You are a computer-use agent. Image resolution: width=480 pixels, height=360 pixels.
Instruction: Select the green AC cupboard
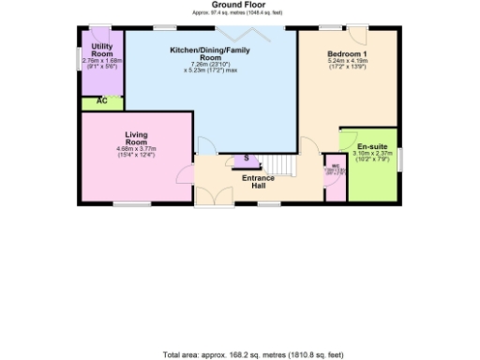pos(101,101)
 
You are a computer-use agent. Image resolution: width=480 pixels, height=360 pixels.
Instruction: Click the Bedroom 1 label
pos(349,54)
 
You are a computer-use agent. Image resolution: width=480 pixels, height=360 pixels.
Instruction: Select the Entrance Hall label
pos(258,181)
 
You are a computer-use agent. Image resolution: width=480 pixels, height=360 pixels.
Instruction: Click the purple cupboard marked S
pos(246,161)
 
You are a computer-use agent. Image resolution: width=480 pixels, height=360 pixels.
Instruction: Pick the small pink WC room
pos(335,178)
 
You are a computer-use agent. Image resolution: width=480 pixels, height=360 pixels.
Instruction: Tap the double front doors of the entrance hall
pos(221,195)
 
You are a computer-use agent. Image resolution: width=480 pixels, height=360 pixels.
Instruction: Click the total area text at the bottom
pos(239,354)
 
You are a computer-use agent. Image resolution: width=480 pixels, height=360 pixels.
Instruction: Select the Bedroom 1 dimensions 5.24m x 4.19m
pos(349,65)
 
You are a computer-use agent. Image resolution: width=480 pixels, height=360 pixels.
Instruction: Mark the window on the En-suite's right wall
pos(400,159)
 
